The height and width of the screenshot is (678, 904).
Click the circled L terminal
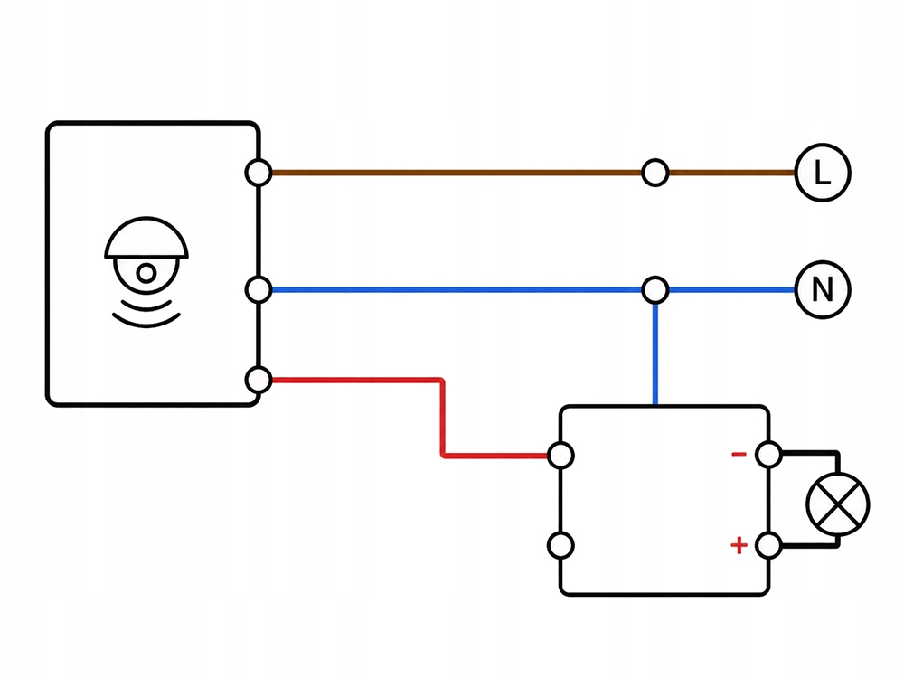pos(823,173)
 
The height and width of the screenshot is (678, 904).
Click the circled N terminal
pos(823,289)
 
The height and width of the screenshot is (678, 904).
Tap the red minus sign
pos(739,455)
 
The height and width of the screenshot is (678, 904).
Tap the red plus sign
pos(739,545)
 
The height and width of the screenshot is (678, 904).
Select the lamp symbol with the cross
pos(838,504)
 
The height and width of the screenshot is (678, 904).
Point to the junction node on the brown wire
pos(654,173)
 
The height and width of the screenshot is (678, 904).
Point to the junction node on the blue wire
pos(654,289)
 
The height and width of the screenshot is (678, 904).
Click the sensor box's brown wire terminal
pos(259,173)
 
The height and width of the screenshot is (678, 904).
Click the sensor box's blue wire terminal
pos(259,289)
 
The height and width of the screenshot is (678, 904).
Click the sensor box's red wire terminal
pos(259,380)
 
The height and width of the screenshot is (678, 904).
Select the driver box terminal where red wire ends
pos(560,456)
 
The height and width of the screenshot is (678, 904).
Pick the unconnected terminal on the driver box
pos(560,545)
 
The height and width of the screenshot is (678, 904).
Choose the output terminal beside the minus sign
pos(768,455)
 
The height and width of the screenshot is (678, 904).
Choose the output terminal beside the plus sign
pos(768,545)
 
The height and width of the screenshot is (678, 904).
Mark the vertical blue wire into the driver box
pos(654,354)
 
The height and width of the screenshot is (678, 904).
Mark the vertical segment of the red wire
pos(442,418)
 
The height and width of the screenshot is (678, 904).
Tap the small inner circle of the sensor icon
pos(146,273)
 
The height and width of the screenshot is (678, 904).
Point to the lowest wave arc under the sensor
pos(146,321)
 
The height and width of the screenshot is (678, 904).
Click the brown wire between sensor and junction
pos(457,173)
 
